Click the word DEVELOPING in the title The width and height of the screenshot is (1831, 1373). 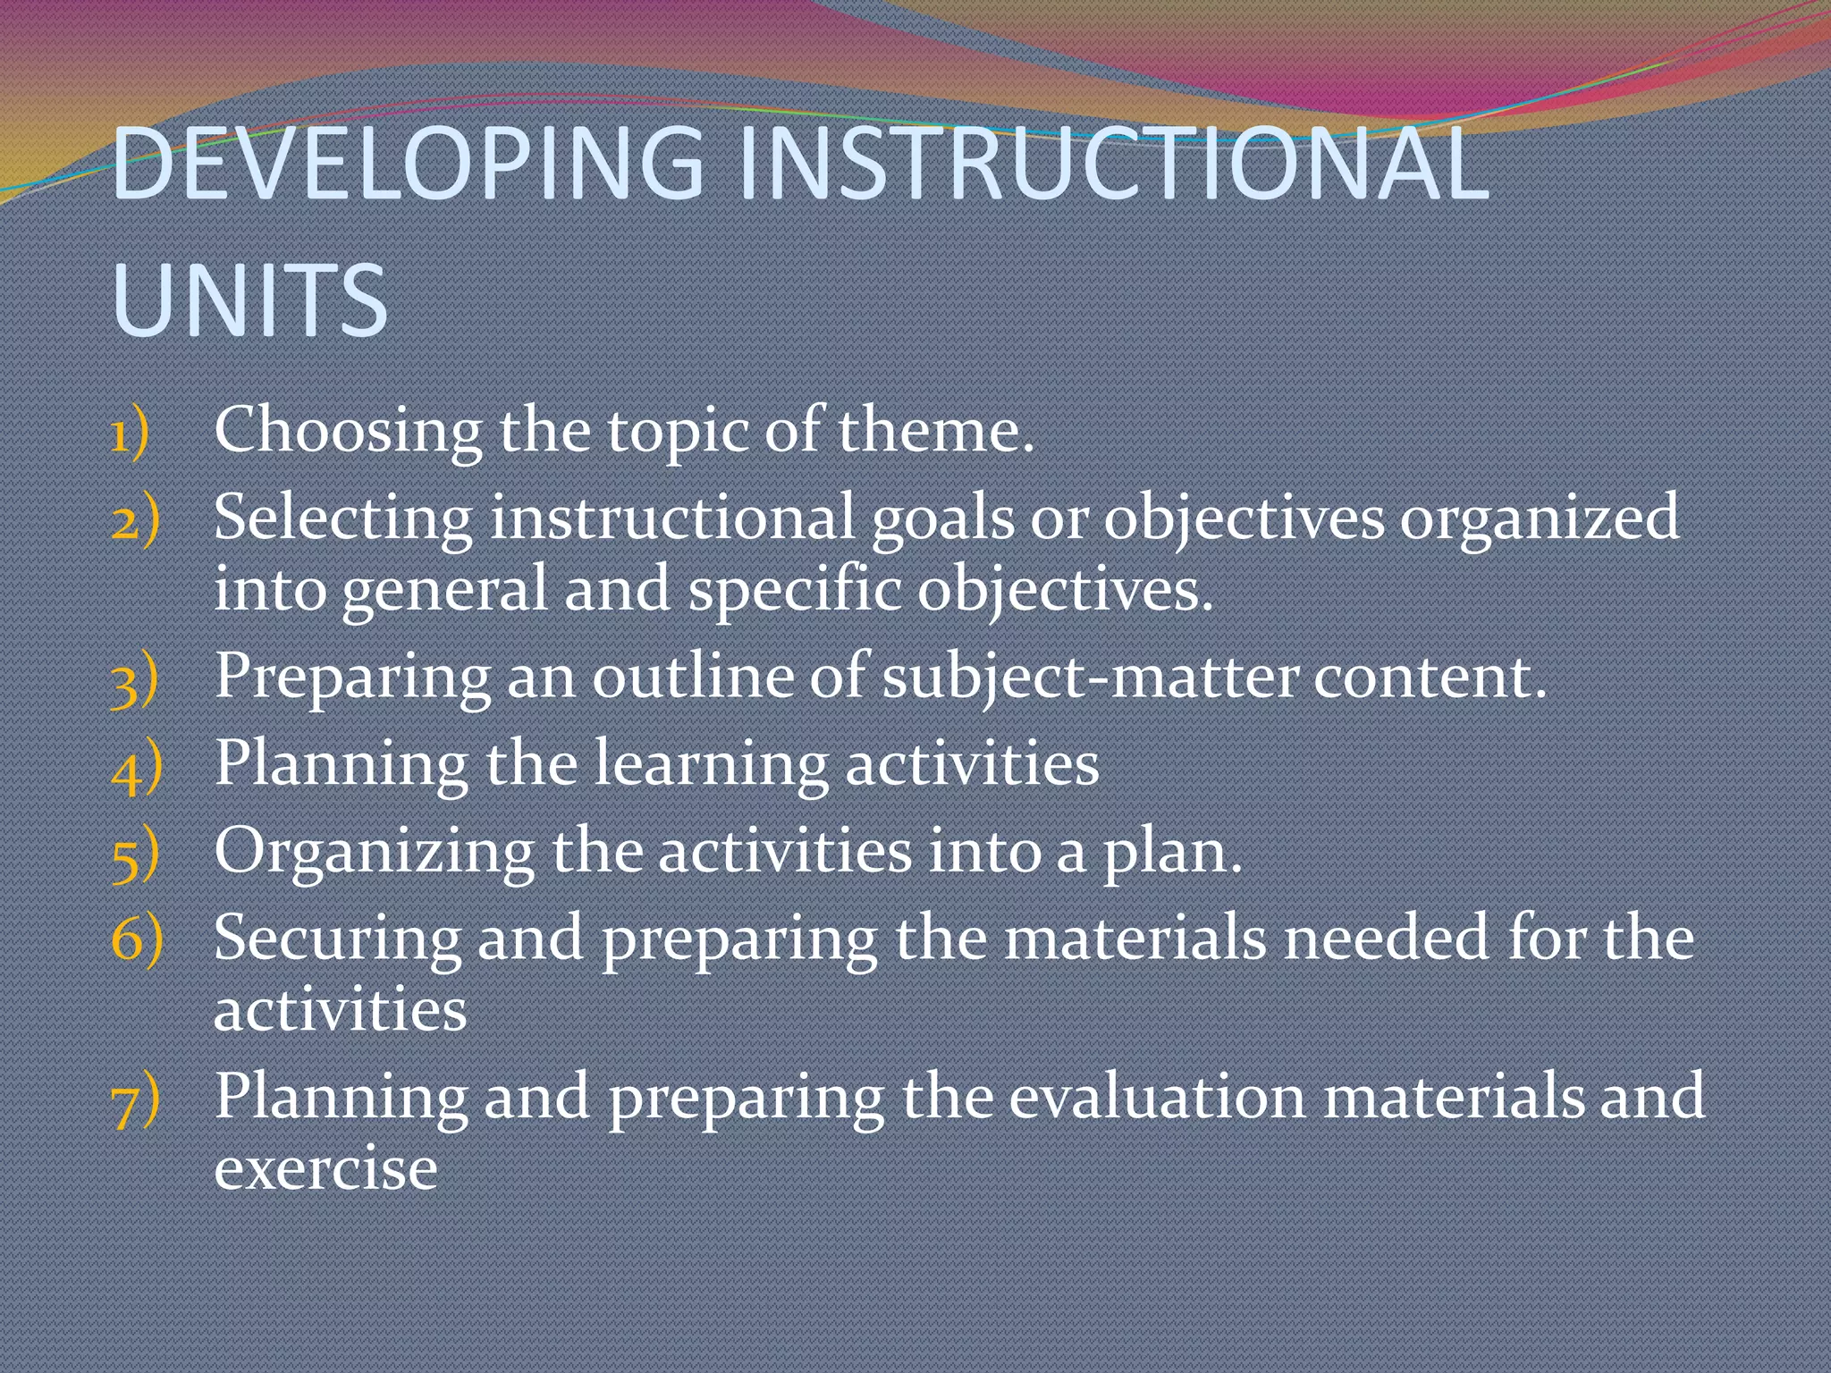408,164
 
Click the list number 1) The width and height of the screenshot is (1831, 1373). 131,435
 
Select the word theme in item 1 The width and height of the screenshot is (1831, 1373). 935,431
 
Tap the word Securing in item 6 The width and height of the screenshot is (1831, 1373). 338,939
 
